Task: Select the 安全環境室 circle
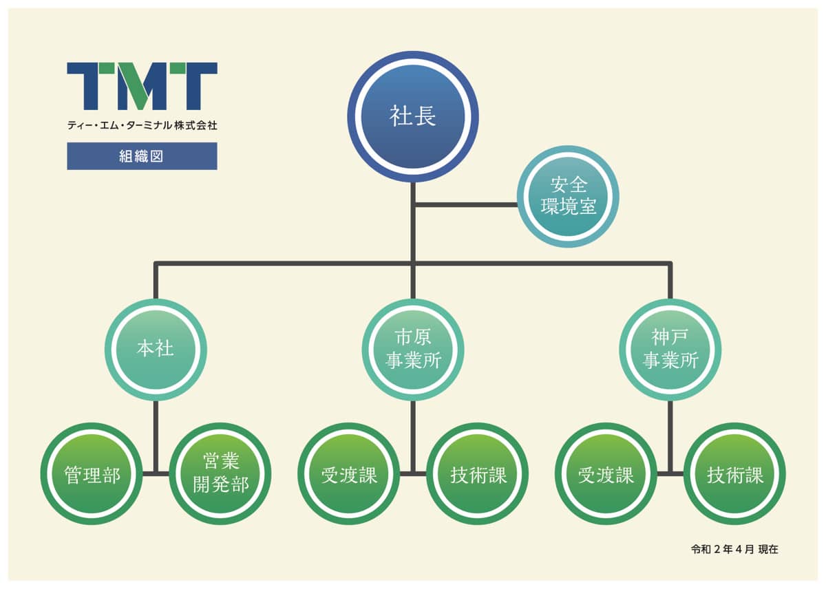point(568,195)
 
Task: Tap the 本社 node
point(156,350)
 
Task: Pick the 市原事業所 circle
point(412,350)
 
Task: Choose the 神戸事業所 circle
point(670,350)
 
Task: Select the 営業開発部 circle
point(220,474)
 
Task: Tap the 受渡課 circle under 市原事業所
point(348,474)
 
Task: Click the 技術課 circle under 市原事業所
point(478,474)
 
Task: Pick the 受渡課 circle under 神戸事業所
point(606,474)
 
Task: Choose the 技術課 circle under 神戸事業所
point(734,474)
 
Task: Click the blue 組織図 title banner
point(142,156)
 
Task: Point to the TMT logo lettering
point(142,86)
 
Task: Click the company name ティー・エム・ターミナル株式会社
point(142,125)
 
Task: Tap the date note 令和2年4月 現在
point(734,550)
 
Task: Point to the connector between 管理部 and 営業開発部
point(156,473)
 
